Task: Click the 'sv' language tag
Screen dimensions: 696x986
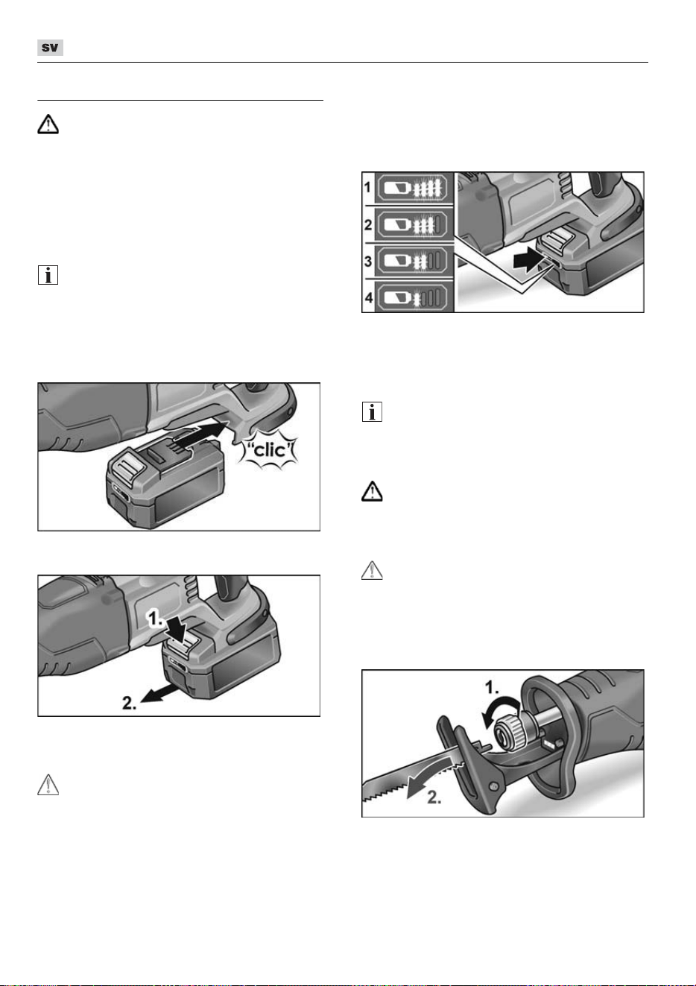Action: [x=50, y=48]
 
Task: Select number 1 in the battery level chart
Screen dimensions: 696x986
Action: [x=367, y=188]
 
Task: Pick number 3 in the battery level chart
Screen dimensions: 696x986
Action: [x=368, y=262]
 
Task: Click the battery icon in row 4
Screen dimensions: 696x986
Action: [x=396, y=298]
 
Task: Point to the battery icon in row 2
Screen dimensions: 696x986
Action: [x=397, y=225]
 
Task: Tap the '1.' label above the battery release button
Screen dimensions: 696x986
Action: [x=156, y=619]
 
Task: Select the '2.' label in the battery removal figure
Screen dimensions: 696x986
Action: [x=130, y=703]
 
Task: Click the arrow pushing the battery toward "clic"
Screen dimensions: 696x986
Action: [x=202, y=432]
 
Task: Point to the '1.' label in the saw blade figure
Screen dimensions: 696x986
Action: [x=492, y=687]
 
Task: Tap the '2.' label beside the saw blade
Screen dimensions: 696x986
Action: [x=434, y=797]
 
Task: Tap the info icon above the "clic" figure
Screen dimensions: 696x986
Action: [x=48, y=275]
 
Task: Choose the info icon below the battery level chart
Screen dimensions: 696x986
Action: [x=372, y=411]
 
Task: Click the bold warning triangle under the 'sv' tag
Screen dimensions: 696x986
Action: [x=48, y=124]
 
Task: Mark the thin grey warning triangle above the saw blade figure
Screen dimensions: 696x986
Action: [x=372, y=570]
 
